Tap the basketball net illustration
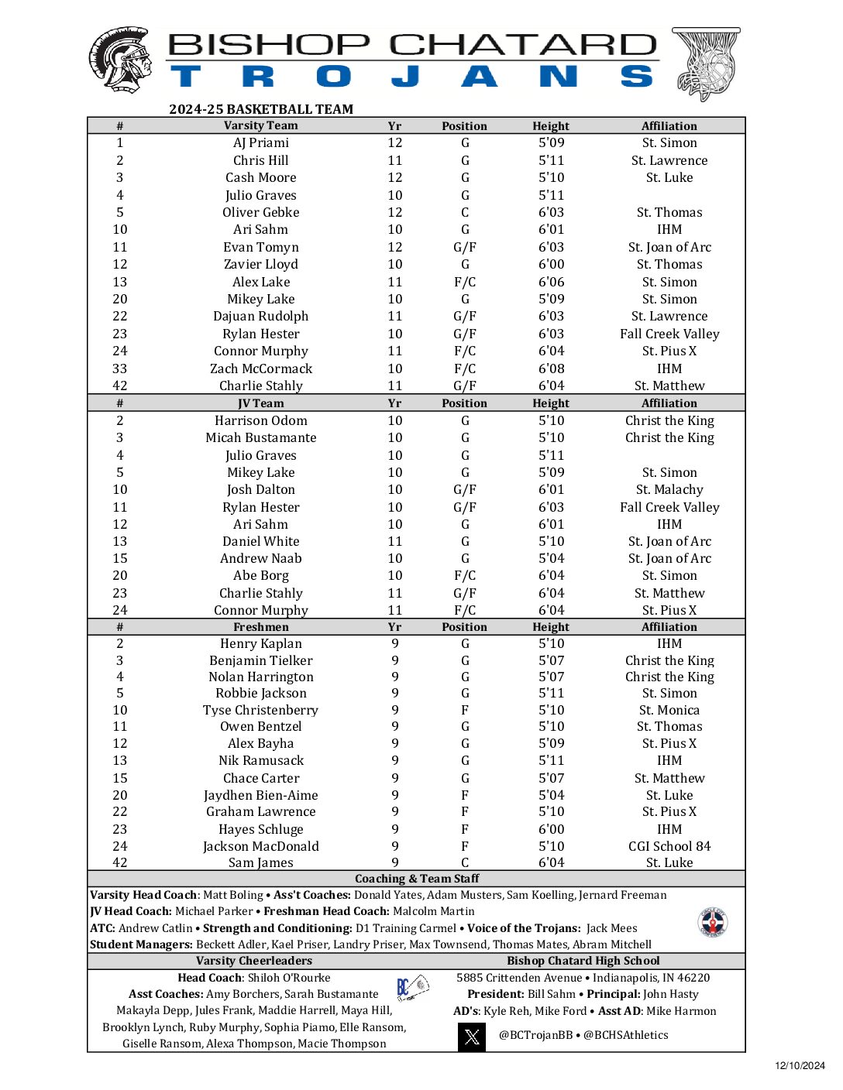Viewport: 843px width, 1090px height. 706,63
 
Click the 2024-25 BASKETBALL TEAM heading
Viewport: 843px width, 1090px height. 261,109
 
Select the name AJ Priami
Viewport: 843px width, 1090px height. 261,142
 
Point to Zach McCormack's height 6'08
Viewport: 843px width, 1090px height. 551,368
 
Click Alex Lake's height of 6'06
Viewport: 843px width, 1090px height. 551,282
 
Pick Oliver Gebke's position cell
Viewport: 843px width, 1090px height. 465,212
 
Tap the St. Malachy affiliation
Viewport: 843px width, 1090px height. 669,489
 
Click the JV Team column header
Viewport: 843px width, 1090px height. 261,403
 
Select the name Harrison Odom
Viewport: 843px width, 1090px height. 261,420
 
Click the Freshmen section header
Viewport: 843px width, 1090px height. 261,627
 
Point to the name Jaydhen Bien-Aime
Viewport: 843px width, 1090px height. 261,795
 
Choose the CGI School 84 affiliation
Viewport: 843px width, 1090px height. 669,846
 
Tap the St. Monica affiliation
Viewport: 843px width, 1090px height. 669,710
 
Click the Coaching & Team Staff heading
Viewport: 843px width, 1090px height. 417,879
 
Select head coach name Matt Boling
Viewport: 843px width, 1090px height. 232,895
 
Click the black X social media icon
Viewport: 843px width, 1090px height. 472,1036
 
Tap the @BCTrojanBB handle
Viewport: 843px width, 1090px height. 535,1035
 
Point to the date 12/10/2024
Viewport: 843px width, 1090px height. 800,1066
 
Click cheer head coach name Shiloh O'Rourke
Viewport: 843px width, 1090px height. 288,978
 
